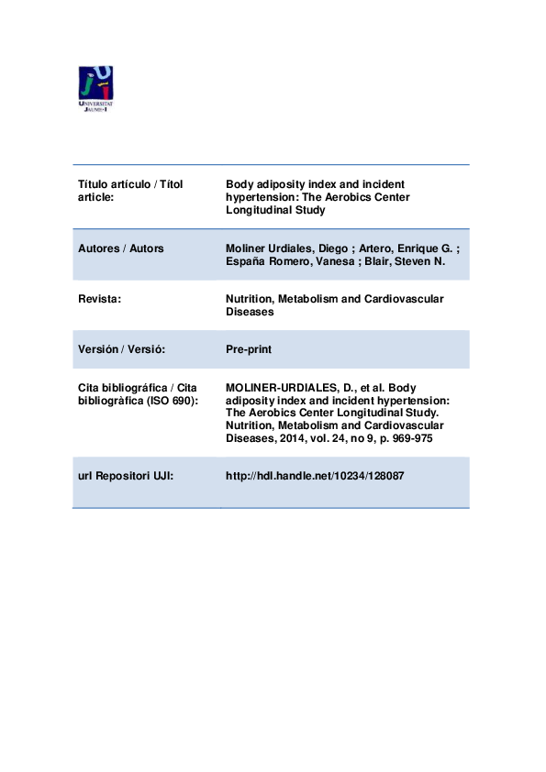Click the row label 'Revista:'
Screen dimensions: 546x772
tap(100, 299)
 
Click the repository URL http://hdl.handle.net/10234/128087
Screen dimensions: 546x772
tap(315, 477)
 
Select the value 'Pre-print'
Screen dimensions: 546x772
tap(248, 349)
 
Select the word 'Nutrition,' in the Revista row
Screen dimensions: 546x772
tap(251, 299)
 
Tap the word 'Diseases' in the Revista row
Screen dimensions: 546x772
tap(250, 312)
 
